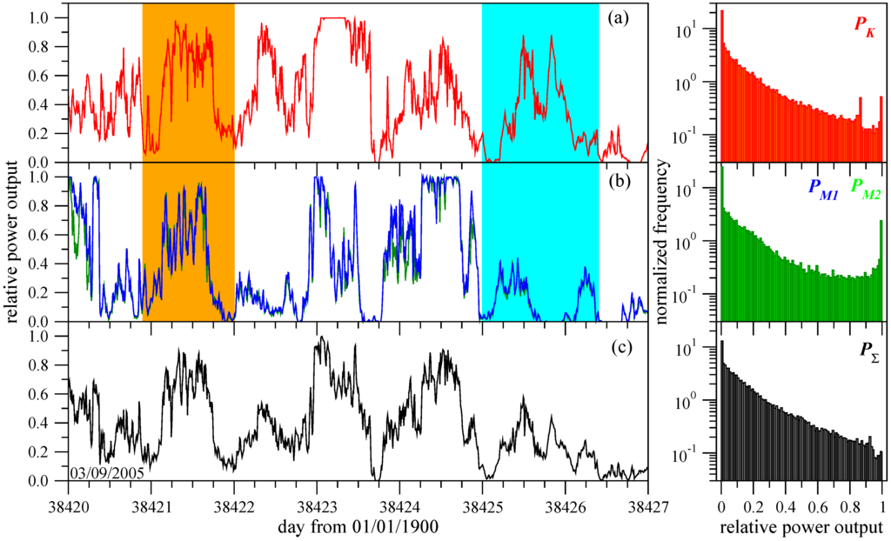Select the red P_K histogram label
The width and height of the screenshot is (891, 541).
tap(863, 32)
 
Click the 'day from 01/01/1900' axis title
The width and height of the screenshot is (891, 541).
tap(358, 527)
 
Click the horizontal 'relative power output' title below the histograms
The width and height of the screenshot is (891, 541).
tap(801, 527)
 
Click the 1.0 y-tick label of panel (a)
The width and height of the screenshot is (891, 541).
tap(40, 17)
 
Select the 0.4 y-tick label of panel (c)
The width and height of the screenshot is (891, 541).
tap(40, 423)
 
